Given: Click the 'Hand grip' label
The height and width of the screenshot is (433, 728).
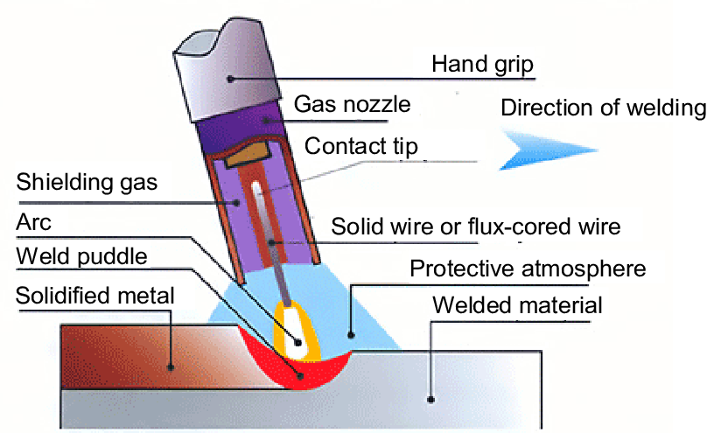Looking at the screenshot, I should [483, 64].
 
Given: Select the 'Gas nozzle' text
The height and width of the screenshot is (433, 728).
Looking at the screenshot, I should [352, 105].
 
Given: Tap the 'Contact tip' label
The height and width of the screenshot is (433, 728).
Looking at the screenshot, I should [361, 145].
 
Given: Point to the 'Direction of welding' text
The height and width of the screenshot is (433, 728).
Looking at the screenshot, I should [603, 108].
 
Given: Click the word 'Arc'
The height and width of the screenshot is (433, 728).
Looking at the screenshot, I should [34, 222].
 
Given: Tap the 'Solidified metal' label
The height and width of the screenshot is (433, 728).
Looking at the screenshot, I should [95, 296].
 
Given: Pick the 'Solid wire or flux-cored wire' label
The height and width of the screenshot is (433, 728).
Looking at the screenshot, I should [476, 227].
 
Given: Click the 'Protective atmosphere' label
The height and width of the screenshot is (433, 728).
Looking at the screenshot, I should [528, 267].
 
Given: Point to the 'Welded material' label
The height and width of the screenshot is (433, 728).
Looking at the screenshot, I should [520, 305].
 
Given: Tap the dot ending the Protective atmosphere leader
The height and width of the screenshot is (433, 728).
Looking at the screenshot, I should [350, 333].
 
